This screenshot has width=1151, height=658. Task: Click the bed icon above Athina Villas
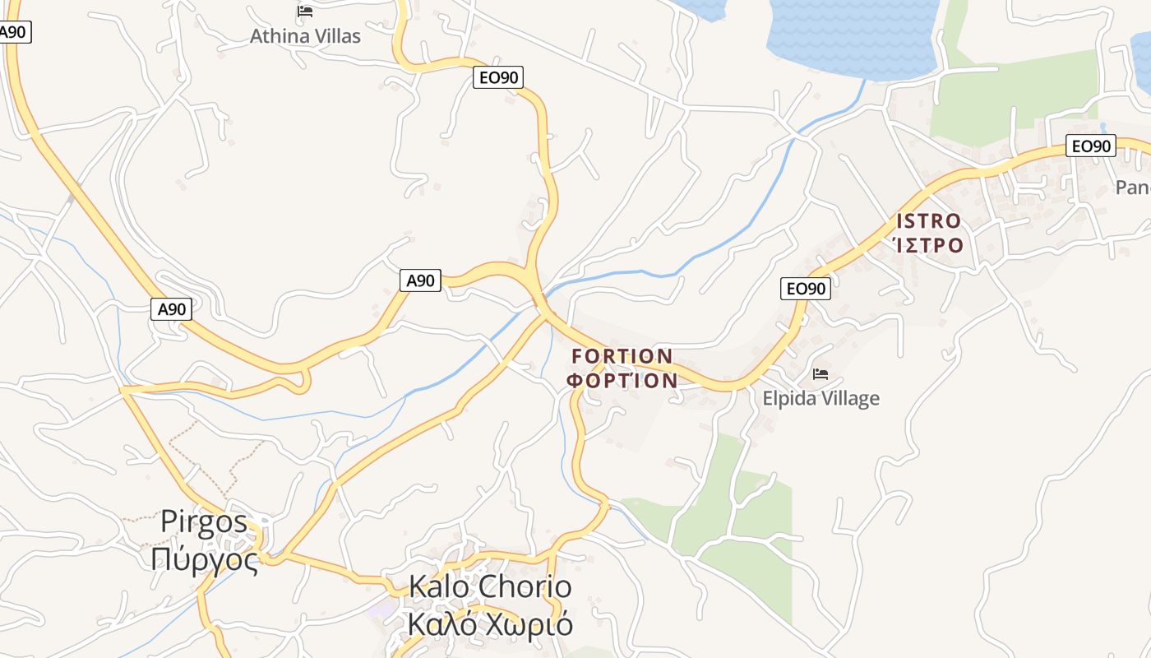pyautogui.click(x=305, y=12)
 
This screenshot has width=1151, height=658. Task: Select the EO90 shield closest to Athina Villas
pyautogui.click(x=498, y=77)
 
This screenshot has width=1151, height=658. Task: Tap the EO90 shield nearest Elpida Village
pyautogui.click(x=805, y=288)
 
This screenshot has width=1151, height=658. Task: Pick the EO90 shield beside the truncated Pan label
pyautogui.click(x=1090, y=146)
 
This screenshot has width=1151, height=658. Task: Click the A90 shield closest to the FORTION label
pyautogui.click(x=420, y=280)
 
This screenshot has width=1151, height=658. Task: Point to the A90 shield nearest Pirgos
pyautogui.click(x=172, y=309)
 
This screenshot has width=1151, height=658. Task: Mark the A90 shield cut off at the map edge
pyautogui.click(x=13, y=33)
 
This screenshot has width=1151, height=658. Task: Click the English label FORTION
pyautogui.click(x=622, y=356)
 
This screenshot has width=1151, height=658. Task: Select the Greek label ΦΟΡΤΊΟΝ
pyautogui.click(x=622, y=381)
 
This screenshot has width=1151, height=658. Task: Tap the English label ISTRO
pyautogui.click(x=928, y=220)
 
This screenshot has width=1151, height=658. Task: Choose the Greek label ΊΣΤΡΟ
pyautogui.click(x=928, y=245)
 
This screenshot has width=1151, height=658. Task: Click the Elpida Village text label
pyautogui.click(x=820, y=399)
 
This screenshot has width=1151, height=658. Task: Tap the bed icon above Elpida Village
pyautogui.click(x=820, y=374)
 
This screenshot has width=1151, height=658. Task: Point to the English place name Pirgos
pyautogui.click(x=204, y=521)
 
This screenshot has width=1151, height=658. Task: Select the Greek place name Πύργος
pyautogui.click(x=204, y=559)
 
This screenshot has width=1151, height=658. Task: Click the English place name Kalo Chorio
pyautogui.click(x=490, y=587)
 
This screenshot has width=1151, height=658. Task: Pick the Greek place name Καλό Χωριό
pyautogui.click(x=490, y=625)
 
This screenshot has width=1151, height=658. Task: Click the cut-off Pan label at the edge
pyautogui.click(x=1133, y=188)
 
